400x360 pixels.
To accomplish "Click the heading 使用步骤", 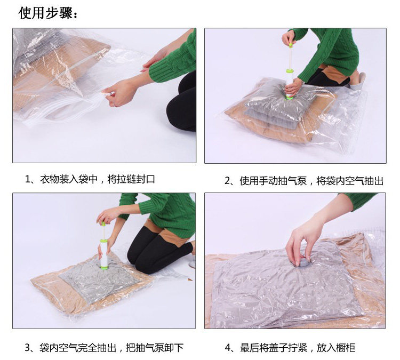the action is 47,13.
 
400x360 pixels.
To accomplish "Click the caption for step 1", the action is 90,179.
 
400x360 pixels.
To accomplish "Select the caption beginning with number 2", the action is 304,181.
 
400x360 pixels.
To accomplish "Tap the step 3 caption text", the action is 104,348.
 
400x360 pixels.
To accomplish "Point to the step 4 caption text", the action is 290,348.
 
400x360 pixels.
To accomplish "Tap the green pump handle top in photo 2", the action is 291,45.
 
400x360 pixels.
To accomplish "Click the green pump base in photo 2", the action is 290,98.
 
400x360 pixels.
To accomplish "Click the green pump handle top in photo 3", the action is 103,224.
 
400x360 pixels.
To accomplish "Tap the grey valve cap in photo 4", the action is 303,263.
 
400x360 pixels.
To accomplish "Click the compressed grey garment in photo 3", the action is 100,280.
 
